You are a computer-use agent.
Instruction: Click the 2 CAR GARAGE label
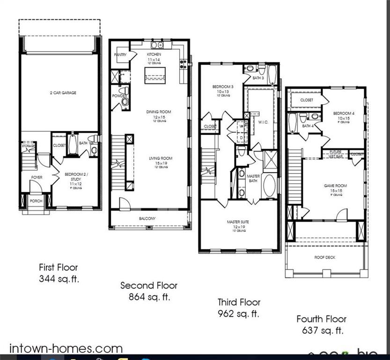[x=63, y=93]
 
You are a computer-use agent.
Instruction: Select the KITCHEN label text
[x=155, y=55]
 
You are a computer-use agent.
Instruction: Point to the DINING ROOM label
[x=159, y=112]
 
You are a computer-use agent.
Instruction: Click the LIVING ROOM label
[x=161, y=158]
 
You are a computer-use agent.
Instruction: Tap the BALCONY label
[x=147, y=218]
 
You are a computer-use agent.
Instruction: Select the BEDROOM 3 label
[x=223, y=87]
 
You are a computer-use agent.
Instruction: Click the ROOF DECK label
[x=324, y=257]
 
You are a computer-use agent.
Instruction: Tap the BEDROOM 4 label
[x=344, y=113]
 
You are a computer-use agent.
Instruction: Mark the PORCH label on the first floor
[x=36, y=201]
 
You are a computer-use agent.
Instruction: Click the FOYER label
[x=37, y=178]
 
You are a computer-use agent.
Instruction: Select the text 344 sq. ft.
[x=59, y=279]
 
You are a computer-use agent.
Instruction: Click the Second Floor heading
[x=149, y=285]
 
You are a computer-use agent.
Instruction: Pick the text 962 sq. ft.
[x=239, y=314]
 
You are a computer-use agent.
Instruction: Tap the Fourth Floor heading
[x=322, y=319]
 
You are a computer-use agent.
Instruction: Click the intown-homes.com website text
[x=66, y=349]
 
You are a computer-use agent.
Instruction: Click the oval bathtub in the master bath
[x=270, y=186]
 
